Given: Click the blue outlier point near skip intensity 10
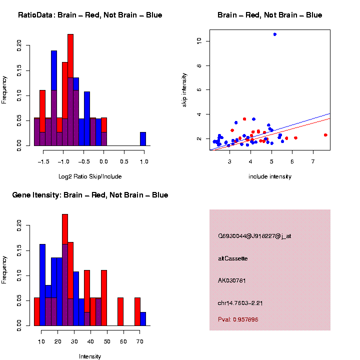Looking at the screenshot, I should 275,34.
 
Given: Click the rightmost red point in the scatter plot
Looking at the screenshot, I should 325,135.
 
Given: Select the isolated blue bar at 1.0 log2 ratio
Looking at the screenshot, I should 143,138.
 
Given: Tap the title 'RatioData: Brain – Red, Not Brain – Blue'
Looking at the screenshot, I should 90,15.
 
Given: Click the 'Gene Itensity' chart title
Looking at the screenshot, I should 90,195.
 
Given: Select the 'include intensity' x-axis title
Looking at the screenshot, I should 270,176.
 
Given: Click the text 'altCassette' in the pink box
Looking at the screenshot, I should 233,258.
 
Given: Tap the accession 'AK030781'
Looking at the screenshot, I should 232,280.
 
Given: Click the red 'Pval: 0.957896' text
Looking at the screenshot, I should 238,319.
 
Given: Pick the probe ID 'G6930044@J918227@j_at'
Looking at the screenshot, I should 254,236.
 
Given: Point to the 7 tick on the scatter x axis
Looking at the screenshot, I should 313,161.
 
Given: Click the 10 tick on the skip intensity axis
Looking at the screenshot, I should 199,40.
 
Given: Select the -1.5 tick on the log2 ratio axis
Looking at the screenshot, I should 43,161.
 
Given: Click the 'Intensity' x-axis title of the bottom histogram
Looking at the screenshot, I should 90,356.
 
